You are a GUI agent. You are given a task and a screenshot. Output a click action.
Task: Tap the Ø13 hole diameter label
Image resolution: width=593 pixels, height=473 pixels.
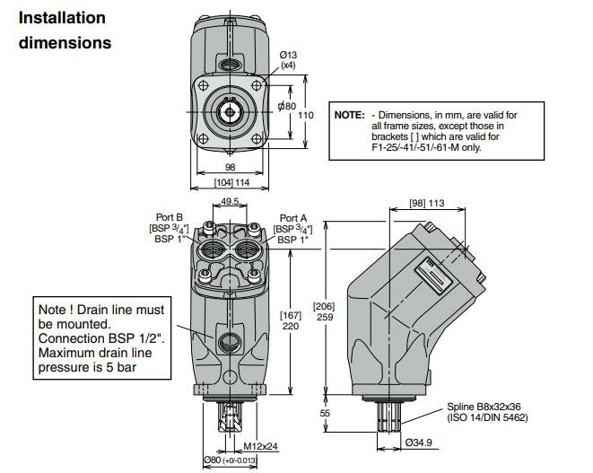point(290,56)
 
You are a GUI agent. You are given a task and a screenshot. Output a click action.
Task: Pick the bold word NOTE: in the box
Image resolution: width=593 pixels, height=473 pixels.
point(350,116)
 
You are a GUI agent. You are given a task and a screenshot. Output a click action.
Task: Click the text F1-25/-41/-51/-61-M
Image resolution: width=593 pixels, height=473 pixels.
point(422,147)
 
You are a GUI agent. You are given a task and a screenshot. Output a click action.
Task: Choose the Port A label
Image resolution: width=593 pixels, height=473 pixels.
point(293,217)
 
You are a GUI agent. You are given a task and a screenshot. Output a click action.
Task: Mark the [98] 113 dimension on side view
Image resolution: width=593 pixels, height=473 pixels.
point(426,204)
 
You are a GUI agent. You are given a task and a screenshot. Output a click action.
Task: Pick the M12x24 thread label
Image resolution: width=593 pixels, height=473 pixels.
point(261,446)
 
